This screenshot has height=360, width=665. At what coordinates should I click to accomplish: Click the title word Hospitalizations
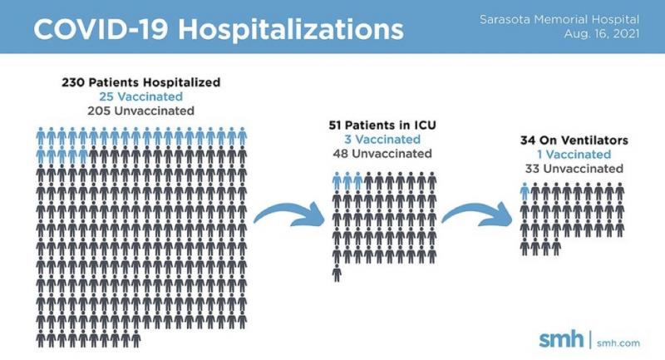[x=291, y=30]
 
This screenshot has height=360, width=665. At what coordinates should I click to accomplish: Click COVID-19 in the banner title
[x=101, y=29]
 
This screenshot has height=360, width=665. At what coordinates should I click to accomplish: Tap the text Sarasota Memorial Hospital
[x=559, y=19]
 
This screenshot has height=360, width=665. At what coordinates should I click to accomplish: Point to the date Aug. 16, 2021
[x=601, y=34]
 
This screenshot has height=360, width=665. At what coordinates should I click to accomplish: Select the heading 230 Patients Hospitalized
[x=141, y=81]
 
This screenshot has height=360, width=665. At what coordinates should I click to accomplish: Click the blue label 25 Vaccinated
[x=141, y=96]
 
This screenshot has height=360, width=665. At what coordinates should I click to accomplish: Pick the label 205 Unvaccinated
[x=141, y=111]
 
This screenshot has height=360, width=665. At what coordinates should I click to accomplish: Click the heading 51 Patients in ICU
[x=382, y=125]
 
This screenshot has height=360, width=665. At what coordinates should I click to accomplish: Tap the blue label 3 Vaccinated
[x=382, y=139]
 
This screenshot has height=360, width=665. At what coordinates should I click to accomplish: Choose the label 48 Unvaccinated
[x=382, y=154]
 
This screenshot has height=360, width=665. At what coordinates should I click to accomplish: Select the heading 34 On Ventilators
[x=574, y=140]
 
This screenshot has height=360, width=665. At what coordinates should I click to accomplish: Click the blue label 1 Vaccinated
[x=574, y=155]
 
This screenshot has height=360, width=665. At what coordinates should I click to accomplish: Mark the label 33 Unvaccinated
[x=574, y=169]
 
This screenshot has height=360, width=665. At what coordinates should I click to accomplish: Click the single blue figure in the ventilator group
[x=525, y=192]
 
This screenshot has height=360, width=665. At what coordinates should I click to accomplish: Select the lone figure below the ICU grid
[x=337, y=273]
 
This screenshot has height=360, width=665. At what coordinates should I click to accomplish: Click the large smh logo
[x=561, y=339]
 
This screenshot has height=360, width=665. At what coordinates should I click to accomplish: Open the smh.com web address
[x=618, y=343]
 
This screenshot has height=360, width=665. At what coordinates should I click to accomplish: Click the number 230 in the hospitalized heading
[x=73, y=81]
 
